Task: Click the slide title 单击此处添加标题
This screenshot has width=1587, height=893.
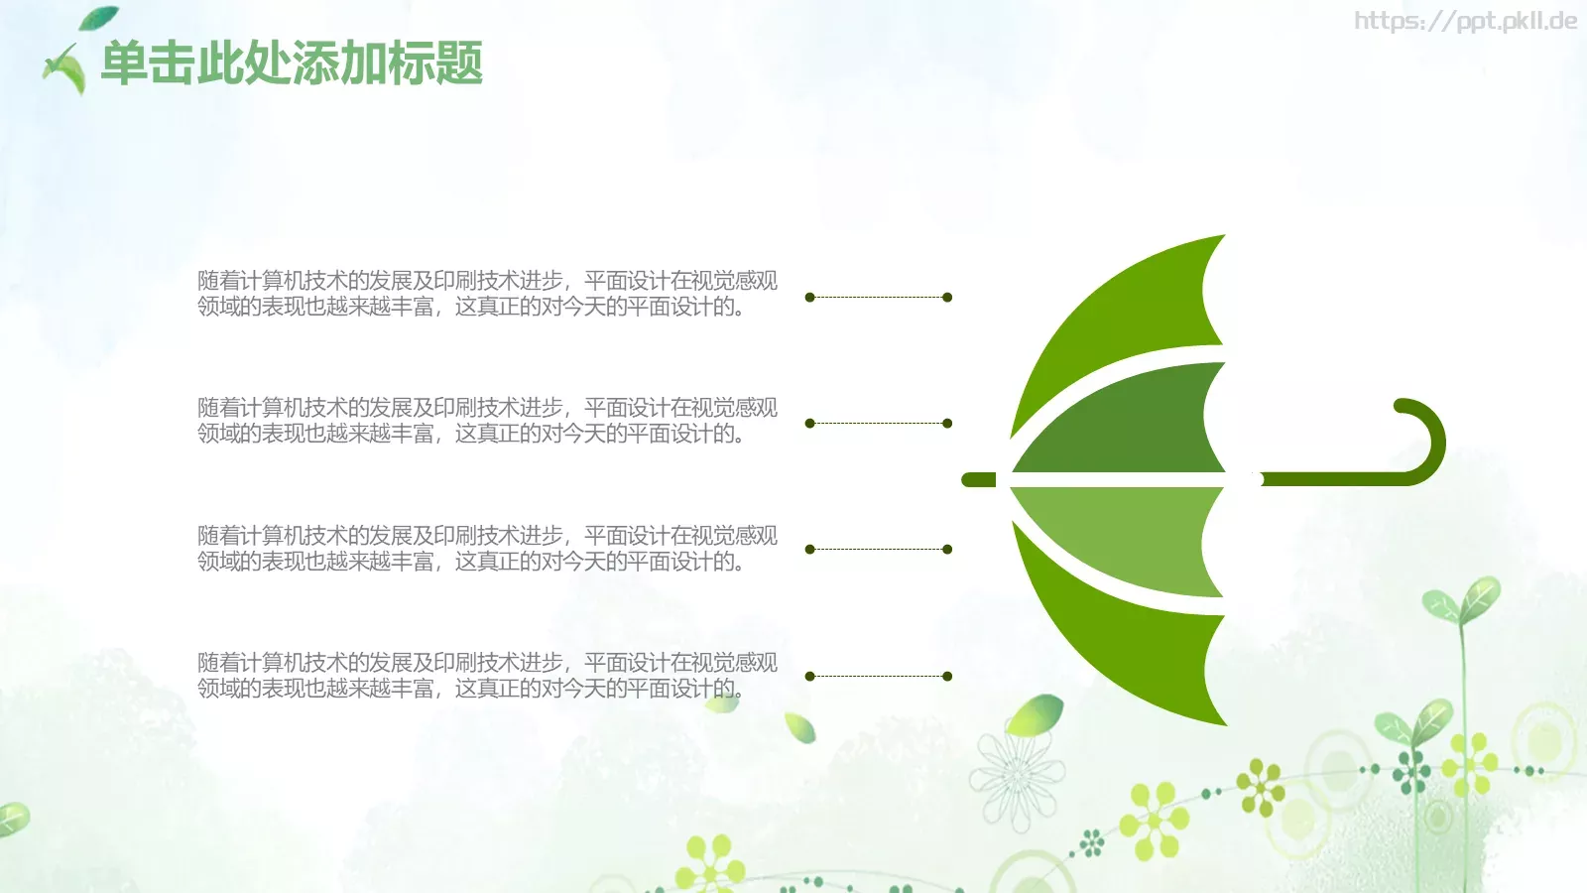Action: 292,64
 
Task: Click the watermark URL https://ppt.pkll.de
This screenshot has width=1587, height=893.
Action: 1466,21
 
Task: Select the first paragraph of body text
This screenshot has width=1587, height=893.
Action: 487,294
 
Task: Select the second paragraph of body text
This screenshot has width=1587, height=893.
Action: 487,421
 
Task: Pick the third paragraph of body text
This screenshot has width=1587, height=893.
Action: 487,548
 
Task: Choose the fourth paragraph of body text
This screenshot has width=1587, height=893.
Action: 487,675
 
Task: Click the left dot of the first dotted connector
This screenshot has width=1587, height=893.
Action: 809,297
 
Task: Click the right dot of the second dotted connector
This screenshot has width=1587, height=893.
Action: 947,423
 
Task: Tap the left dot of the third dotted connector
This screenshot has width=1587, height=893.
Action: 809,550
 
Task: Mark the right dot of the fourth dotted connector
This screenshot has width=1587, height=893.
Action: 947,676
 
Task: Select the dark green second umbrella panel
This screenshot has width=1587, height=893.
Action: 1134,426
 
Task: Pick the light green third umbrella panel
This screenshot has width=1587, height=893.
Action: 1134,535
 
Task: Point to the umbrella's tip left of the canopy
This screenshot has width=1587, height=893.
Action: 978,480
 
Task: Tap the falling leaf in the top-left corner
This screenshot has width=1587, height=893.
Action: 98,18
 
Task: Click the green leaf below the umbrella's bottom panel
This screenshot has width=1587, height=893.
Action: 1035,714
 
